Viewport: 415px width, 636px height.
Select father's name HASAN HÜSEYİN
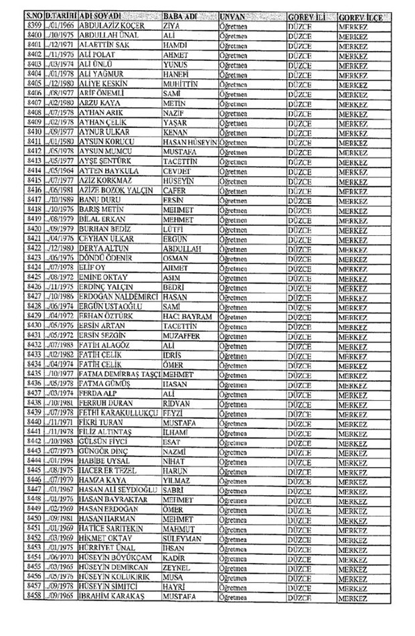[190, 143]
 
